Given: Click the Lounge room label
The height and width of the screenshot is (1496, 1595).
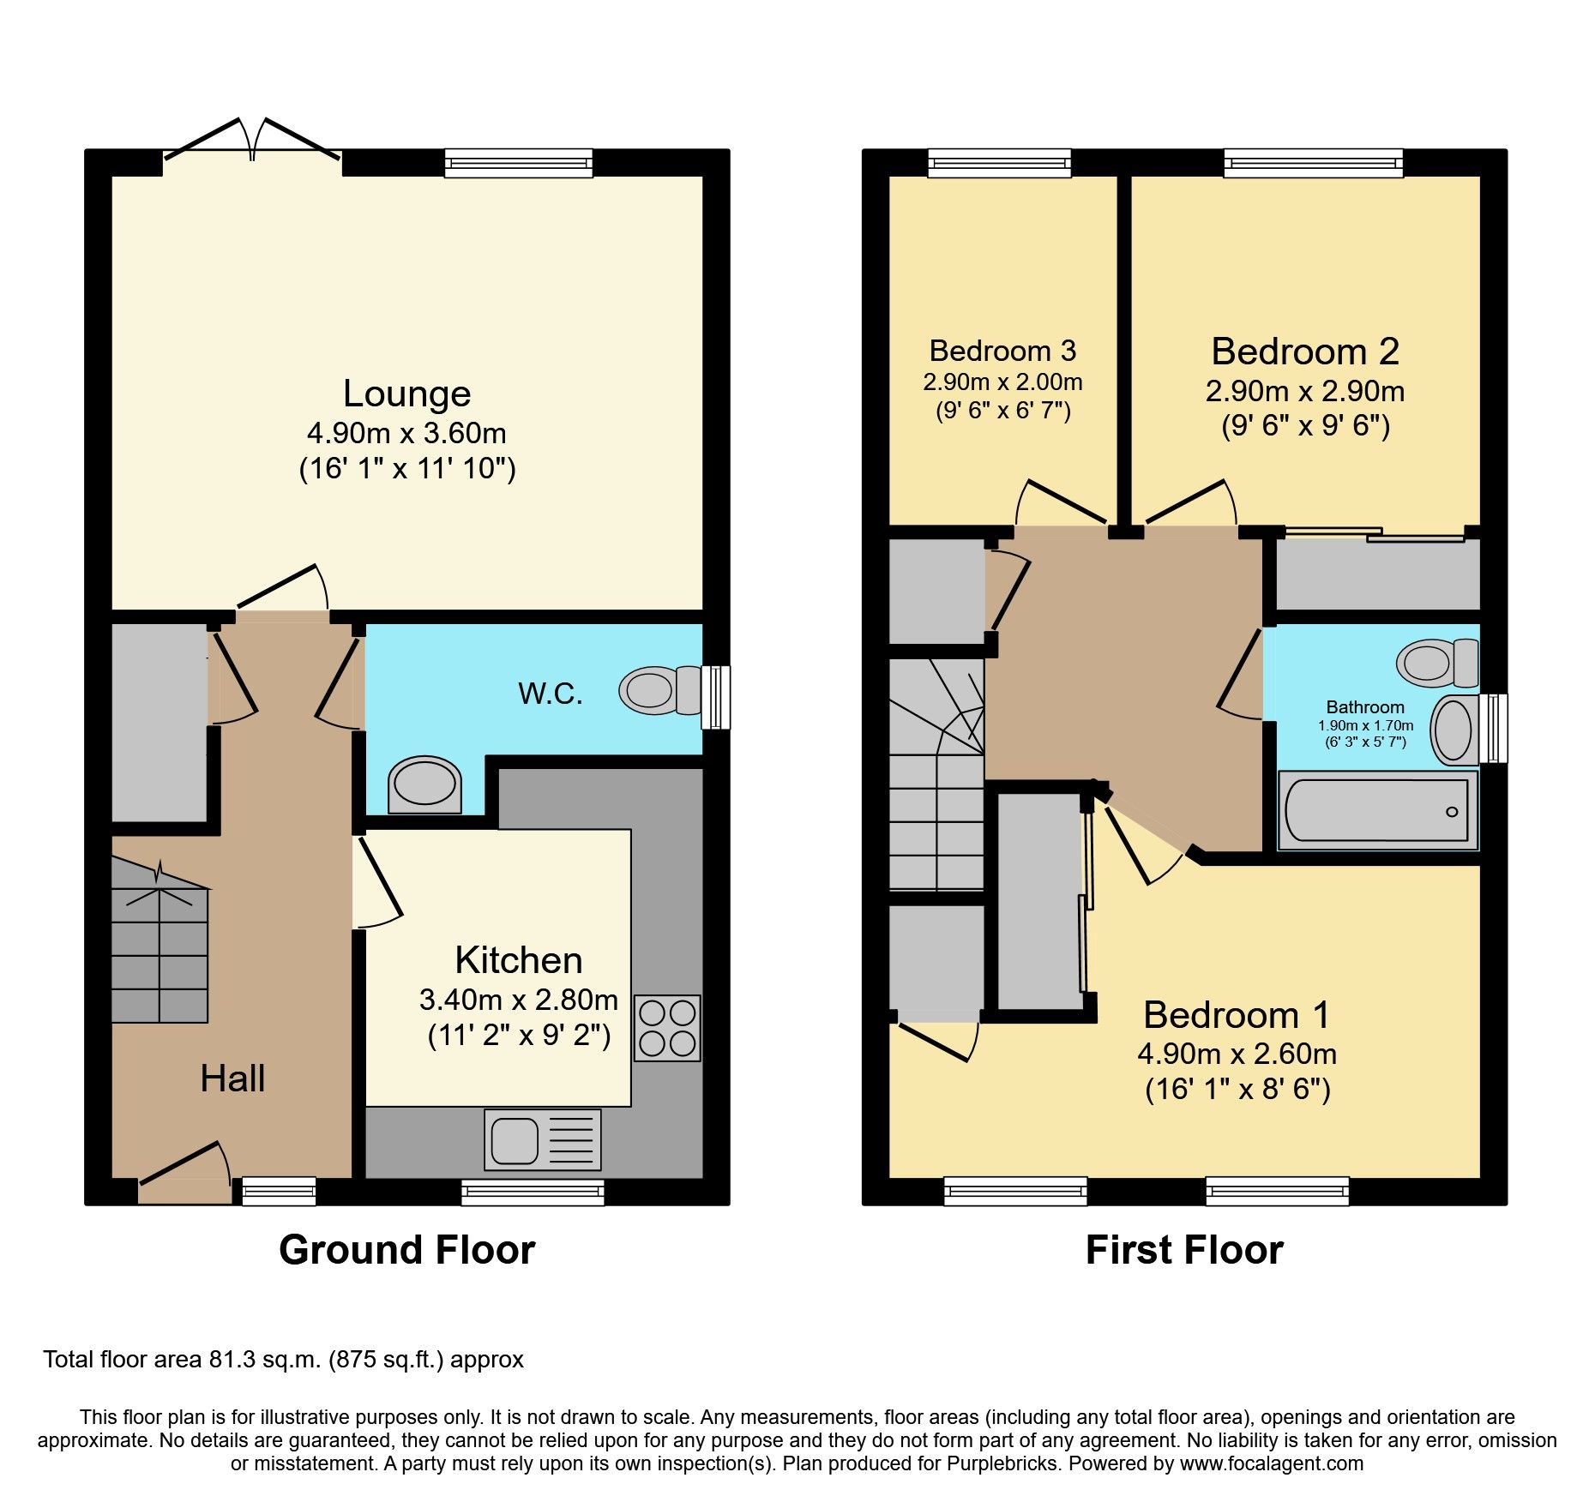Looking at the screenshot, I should point(406,394).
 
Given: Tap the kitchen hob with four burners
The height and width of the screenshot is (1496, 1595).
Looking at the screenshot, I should point(667,1028).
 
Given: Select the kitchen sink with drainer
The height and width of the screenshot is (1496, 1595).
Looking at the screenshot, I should point(542,1139).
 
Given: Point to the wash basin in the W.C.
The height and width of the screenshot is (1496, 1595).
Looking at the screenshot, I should point(424,784).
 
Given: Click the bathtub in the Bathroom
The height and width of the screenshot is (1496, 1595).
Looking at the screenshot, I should point(1376,810).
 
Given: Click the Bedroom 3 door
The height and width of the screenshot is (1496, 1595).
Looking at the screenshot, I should point(1062,504).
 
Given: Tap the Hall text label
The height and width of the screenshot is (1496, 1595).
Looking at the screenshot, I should point(232,1078).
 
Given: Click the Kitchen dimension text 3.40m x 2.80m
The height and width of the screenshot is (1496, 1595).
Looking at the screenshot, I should point(518,1000).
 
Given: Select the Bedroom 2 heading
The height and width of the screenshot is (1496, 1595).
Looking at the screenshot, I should point(1304,351).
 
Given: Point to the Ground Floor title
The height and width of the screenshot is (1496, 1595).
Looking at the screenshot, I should point(406,1250).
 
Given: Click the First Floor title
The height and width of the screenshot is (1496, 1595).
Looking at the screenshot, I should point(1183,1250).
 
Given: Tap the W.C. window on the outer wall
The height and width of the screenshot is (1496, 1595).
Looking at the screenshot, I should point(715,698).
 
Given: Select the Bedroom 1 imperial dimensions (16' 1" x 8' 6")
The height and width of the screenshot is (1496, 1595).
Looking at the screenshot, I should point(1237,1090).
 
